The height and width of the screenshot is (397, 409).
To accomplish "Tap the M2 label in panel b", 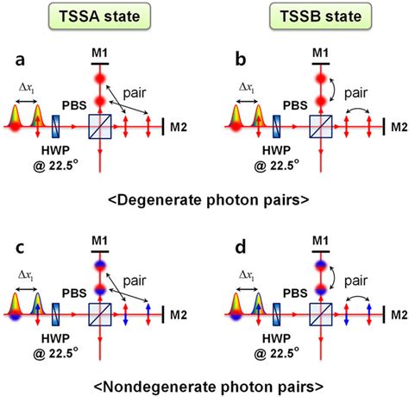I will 397,127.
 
